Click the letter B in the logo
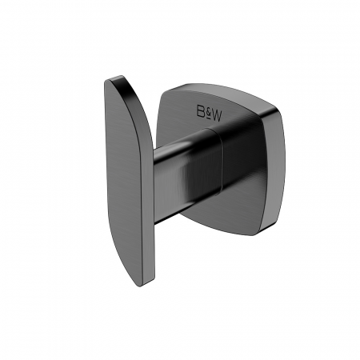[x=200, y=111]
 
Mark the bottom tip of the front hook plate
[x=142, y=286]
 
